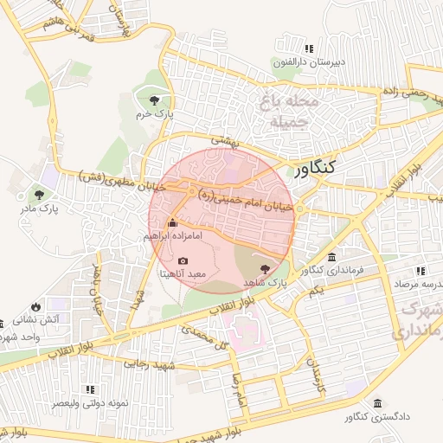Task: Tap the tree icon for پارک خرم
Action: click(155, 100)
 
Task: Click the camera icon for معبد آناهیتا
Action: click(183, 260)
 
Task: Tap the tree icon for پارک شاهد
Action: click(264, 270)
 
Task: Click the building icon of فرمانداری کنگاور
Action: click(332, 258)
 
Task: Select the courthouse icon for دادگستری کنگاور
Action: click(377, 404)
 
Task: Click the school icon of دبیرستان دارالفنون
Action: click(310, 48)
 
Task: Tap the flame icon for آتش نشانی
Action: click(35, 306)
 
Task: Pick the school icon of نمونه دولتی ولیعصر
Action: click(90, 390)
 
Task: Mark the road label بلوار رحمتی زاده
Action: click(416, 93)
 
